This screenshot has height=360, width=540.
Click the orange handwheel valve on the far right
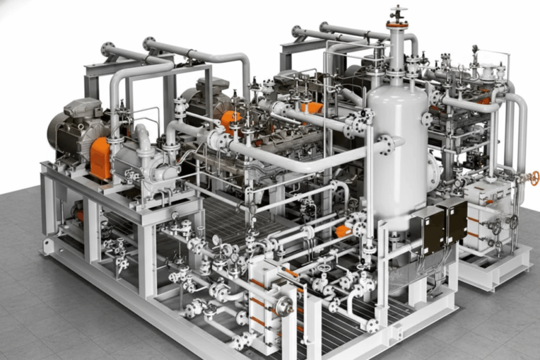[535, 178]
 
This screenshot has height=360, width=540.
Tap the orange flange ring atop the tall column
[397, 24]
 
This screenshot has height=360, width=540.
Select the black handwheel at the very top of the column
[397, 9]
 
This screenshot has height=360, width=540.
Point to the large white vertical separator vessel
[397, 153]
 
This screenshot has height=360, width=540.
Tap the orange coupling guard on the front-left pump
[100, 158]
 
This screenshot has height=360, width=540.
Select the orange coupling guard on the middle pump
[230, 120]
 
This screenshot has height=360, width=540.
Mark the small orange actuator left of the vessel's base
[343, 231]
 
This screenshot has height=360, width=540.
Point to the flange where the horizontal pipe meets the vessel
[385, 144]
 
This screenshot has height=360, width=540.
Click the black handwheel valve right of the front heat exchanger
[323, 268]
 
